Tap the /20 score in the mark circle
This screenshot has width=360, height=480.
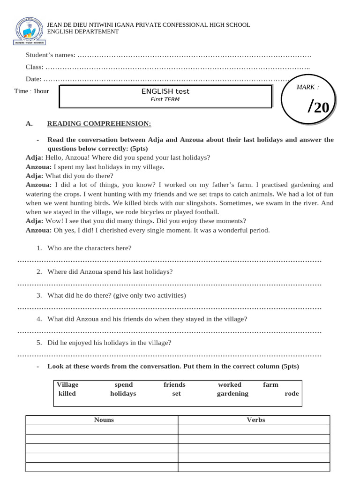(319, 107)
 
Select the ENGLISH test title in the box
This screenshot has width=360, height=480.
(165, 91)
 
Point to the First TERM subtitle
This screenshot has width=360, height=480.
(165, 99)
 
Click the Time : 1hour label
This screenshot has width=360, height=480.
(31, 91)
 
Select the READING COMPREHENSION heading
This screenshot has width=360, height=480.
(99, 124)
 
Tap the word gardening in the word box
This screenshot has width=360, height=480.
(232, 394)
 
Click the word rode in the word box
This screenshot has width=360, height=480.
(292, 394)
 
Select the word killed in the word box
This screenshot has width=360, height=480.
(67, 394)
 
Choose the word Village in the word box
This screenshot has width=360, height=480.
(67, 385)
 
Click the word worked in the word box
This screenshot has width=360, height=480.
(230, 385)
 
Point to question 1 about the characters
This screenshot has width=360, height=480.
(89, 248)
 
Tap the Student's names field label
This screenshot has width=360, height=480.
(50, 55)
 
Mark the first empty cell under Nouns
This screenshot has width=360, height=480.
(102, 430)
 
